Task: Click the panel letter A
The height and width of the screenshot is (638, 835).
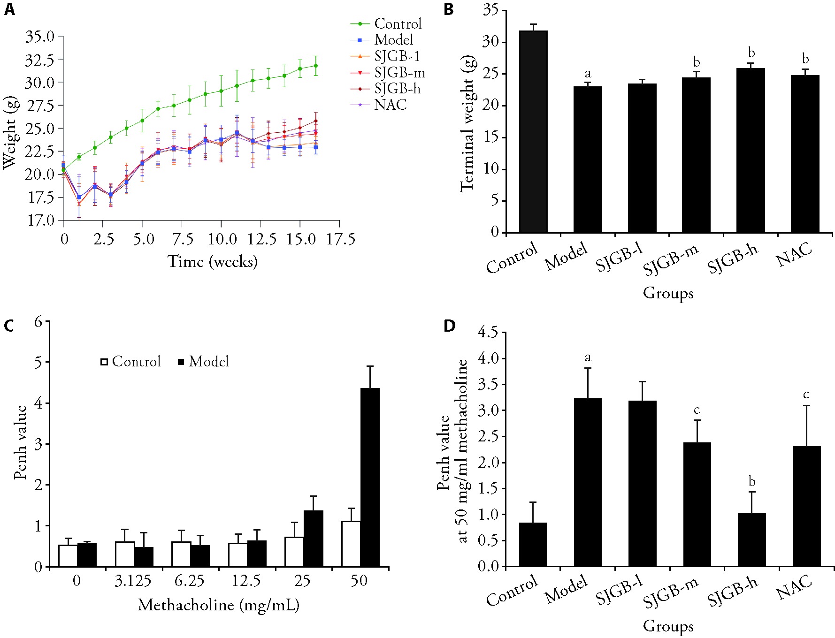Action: click(x=9, y=9)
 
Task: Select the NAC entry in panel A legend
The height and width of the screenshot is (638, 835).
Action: click(x=390, y=105)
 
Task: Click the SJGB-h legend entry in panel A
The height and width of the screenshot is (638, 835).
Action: click(x=397, y=89)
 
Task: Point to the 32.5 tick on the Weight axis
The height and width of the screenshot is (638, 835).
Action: click(x=40, y=60)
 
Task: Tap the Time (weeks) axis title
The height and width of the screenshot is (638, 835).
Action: click(x=213, y=262)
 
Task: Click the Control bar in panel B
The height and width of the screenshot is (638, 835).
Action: click(x=533, y=132)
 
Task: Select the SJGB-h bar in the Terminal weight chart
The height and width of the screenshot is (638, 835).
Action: click(x=751, y=151)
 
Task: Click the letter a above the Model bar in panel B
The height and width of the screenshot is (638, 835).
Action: click(x=588, y=74)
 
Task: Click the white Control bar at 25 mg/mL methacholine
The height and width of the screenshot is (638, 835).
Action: click(x=294, y=552)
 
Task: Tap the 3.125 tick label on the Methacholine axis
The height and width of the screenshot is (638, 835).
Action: click(x=133, y=581)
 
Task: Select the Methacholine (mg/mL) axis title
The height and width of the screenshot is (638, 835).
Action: click(x=219, y=605)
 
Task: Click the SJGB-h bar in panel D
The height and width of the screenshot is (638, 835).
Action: click(x=751, y=539)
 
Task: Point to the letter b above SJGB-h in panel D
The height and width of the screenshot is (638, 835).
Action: click(x=752, y=481)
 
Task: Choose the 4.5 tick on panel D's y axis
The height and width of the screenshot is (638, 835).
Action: click(x=488, y=333)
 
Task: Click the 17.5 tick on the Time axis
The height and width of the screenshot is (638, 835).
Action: click(x=341, y=240)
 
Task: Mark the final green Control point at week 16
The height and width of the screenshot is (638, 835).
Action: click(x=316, y=66)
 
